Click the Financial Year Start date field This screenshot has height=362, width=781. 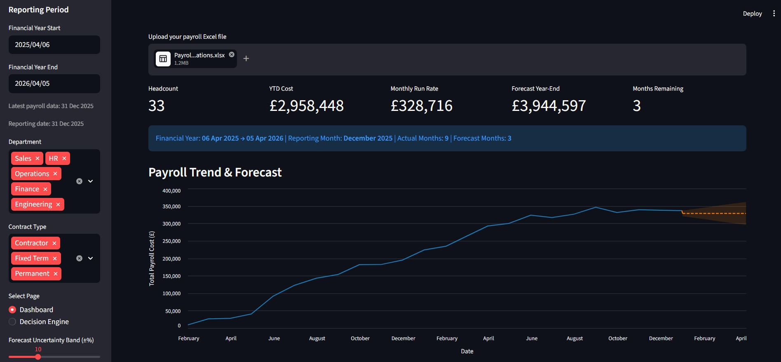click(54, 45)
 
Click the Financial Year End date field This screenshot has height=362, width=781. click(54, 83)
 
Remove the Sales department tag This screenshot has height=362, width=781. click(38, 158)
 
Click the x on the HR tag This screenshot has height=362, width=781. click(64, 158)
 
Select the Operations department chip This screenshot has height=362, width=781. click(36, 174)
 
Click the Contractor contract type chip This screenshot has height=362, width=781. click(35, 243)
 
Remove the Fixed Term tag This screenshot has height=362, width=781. click(55, 258)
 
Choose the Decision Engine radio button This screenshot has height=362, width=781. click(12, 322)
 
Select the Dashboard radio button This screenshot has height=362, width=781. click(12, 310)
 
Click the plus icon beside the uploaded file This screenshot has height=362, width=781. click(246, 59)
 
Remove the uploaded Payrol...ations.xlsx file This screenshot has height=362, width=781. click(232, 54)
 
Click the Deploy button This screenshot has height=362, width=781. click(752, 14)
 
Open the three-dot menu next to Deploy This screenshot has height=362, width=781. click(774, 14)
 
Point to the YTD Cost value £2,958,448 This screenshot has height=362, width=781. click(307, 106)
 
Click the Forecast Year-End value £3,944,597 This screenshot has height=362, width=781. click(549, 106)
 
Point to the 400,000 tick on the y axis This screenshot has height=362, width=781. click(171, 191)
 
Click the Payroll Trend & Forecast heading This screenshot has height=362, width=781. click(215, 172)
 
